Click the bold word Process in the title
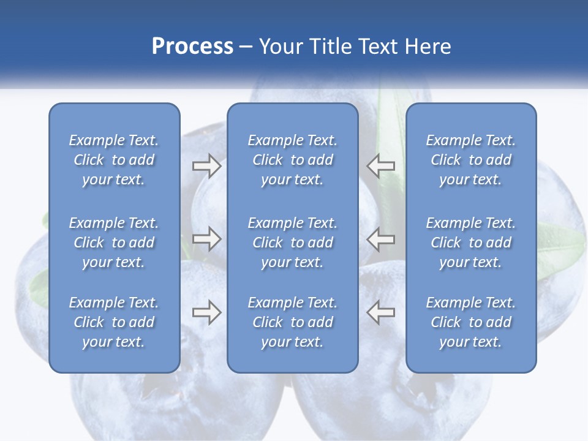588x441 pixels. pos(192,47)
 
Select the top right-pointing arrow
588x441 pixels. pos(206,166)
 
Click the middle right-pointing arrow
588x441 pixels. pos(206,239)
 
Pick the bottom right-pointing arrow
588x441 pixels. pos(206,312)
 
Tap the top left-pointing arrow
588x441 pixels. pos(380,166)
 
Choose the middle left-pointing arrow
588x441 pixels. pos(380,239)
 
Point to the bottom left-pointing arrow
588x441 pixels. pos(380,312)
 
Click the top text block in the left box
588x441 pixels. pos(114,160)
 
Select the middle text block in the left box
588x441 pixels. pos(114,243)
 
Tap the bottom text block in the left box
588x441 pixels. pos(114,322)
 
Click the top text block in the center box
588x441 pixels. pos(292,160)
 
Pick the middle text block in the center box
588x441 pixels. pos(292,243)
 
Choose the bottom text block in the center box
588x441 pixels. pos(292,322)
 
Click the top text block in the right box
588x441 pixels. pos(470,160)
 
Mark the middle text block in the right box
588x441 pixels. pos(470,243)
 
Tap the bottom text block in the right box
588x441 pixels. pos(470,322)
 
